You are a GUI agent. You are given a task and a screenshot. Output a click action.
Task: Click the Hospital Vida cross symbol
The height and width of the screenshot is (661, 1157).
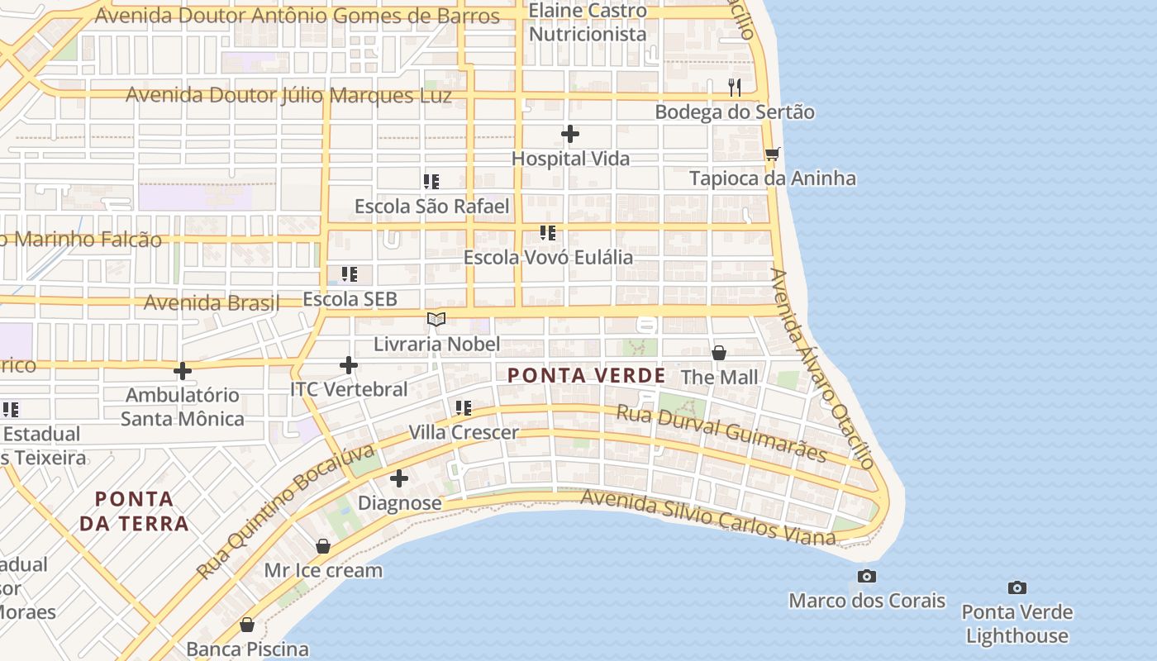[x=570, y=134]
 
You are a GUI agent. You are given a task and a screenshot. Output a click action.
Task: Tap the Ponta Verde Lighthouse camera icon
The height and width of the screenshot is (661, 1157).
[x=1017, y=587]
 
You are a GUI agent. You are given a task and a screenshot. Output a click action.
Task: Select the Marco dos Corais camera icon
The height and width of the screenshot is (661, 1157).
[x=867, y=576]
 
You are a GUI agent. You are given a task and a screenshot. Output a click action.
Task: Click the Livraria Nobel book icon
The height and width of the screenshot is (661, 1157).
[x=436, y=319]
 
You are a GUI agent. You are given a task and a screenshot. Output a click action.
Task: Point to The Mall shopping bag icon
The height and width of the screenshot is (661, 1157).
[x=719, y=353]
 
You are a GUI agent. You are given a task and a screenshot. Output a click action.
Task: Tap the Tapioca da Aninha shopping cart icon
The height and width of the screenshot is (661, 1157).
[x=772, y=155]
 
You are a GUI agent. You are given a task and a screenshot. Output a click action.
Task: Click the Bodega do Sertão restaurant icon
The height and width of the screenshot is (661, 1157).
[x=734, y=87]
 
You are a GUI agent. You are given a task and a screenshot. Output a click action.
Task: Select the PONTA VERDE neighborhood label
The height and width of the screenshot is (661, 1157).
[x=586, y=376]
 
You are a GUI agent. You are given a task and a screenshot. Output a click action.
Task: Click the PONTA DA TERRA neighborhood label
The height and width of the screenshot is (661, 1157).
[x=134, y=511]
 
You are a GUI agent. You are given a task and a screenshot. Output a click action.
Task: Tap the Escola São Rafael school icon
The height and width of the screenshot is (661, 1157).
[x=431, y=181]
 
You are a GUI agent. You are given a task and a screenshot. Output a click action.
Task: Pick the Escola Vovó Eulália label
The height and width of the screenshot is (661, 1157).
[x=548, y=257]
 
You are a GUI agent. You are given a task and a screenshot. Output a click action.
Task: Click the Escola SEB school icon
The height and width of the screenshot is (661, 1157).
[x=350, y=273]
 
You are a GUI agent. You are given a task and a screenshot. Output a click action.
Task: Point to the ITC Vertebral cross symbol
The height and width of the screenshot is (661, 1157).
[x=349, y=364]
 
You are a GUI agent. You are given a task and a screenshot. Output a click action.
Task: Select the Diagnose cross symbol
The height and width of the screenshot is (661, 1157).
[x=399, y=478]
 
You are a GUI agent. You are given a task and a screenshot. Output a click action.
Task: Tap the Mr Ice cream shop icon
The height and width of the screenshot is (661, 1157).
[x=323, y=546]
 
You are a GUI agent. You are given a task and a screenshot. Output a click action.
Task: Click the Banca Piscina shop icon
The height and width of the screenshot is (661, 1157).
[x=246, y=625]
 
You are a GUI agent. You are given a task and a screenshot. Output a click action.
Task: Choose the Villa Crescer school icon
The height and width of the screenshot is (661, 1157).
[x=464, y=407]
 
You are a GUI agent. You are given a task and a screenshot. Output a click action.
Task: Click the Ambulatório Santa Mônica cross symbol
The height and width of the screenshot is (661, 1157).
[x=183, y=371]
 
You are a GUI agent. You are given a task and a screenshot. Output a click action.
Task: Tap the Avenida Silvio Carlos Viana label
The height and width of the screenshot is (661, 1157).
[x=708, y=518]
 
